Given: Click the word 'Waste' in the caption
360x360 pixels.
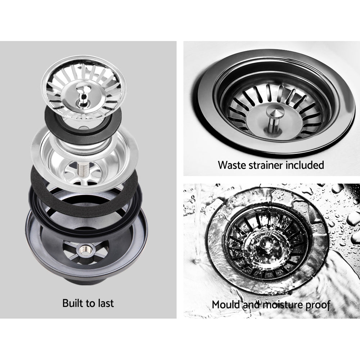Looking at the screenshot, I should point(232,165).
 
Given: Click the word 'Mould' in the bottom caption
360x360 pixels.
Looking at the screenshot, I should point(226,305).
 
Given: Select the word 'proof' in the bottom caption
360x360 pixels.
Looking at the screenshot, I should point(318,305).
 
